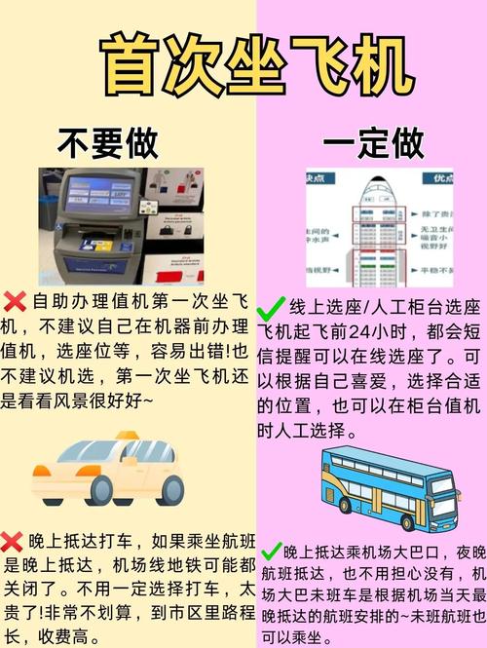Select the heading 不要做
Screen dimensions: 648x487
[107, 144]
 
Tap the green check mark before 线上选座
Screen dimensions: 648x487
[270, 308]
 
